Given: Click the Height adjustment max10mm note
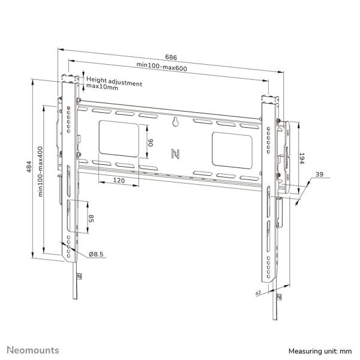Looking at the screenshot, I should [x=114, y=83].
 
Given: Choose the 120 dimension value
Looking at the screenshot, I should [x=118, y=179].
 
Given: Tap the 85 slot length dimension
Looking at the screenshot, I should [x=91, y=219].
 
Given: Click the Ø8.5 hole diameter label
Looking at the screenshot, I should [x=97, y=254].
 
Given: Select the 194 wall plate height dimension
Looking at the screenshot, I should [x=303, y=158].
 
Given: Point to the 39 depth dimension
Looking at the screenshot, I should [x=319, y=175].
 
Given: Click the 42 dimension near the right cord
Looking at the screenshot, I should [x=259, y=293].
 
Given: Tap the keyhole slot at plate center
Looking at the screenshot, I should [x=176, y=124].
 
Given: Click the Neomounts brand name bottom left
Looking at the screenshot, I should [x=32, y=349].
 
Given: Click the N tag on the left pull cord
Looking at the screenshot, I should [x=79, y=276].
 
